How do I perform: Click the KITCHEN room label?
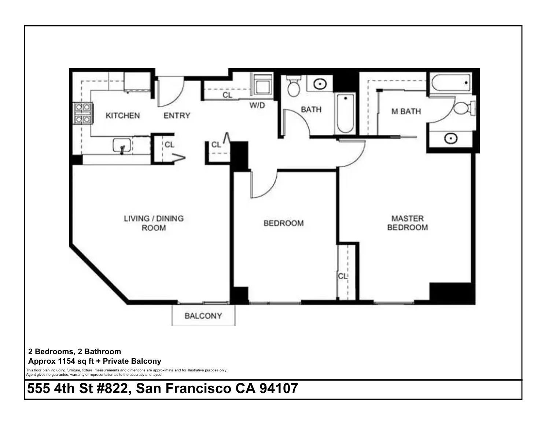pyautogui.click(x=122, y=116)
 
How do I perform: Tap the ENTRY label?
pyautogui.click(x=177, y=116)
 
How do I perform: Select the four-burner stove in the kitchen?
pyautogui.click(x=83, y=113)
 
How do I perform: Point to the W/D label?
pyautogui.click(x=257, y=106)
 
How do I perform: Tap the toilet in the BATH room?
pyautogui.click(x=293, y=87)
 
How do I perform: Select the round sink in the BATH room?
pyautogui.click(x=320, y=84)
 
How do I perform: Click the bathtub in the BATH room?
pyautogui.click(x=344, y=114)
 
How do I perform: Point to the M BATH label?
pyautogui.click(x=406, y=111)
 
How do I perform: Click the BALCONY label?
pyautogui.click(x=203, y=316)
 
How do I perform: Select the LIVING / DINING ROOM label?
pyautogui.click(x=154, y=223)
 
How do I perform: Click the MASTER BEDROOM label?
pyautogui.click(x=407, y=223)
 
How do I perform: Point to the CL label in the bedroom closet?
pyautogui.click(x=342, y=276)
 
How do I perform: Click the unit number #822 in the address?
pyautogui.click(x=114, y=388)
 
